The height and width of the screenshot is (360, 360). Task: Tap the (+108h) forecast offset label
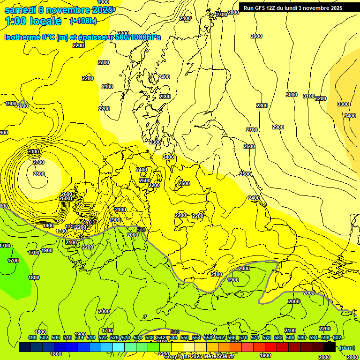(83, 21)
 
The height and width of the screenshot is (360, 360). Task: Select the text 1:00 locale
(33, 21)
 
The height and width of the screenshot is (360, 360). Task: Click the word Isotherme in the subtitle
(22, 37)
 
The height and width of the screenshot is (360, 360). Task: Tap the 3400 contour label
(350, 116)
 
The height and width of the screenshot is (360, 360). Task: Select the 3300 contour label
(343, 104)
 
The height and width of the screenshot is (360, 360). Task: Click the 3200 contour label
(321, 98)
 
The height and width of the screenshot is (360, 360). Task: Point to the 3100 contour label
(309, 96)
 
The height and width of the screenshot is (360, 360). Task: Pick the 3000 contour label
(292, 95)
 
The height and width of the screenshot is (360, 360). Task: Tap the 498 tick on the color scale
(32, 337)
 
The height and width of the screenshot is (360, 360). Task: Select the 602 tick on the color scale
(337, 337)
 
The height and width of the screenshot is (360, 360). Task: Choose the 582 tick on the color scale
(278, 337)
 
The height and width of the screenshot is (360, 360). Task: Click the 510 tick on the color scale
(67, 337)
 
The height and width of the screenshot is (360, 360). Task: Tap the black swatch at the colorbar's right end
(330, 347)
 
